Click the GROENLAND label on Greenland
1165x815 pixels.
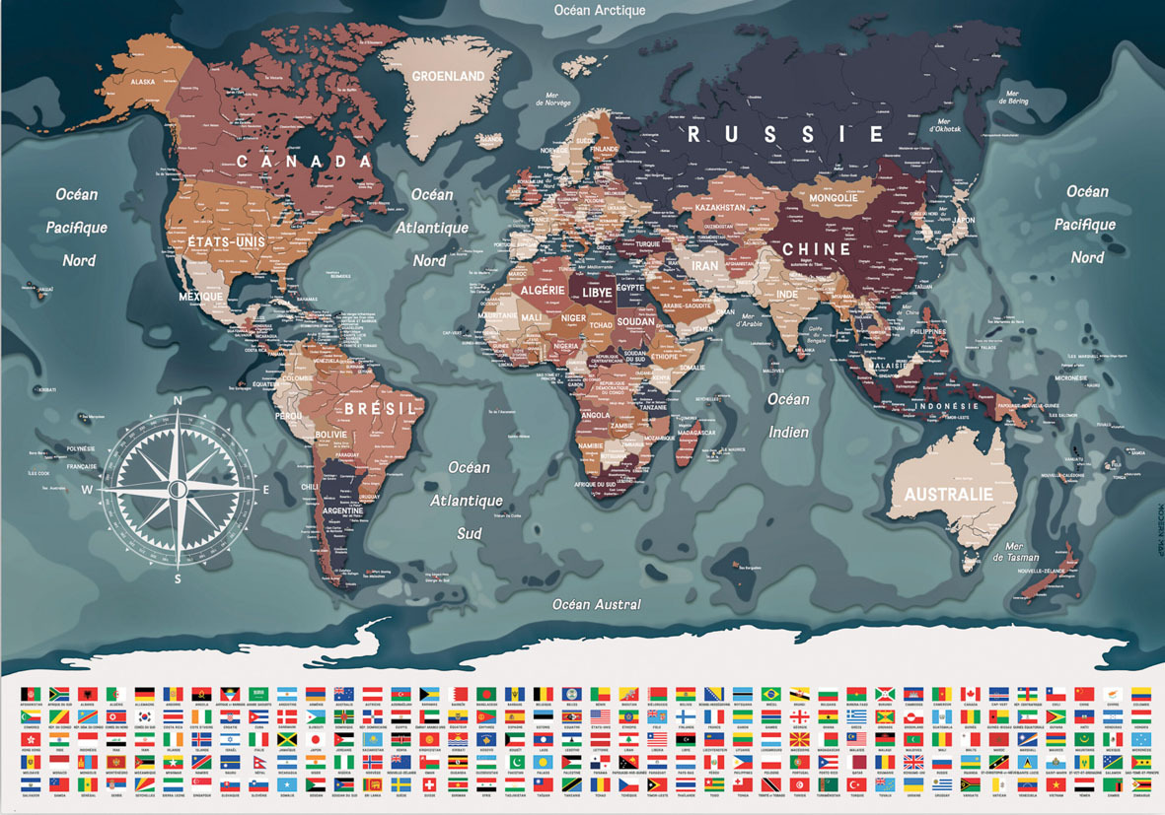[x=448, y=76]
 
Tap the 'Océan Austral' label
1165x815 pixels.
[x=597, y=604]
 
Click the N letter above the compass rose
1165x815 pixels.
[x=178, y=400]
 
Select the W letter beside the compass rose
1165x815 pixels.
[x=87, y=489]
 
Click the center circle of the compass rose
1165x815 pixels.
[x=179, y=489]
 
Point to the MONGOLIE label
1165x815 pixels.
[x=833, y=198]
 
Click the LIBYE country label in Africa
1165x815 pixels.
[x=598, y=292]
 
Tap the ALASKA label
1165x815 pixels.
[x=143, y=82]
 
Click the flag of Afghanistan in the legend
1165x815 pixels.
[x=30, y=694]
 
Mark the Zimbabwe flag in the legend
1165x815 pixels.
[x=1141, y=783]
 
